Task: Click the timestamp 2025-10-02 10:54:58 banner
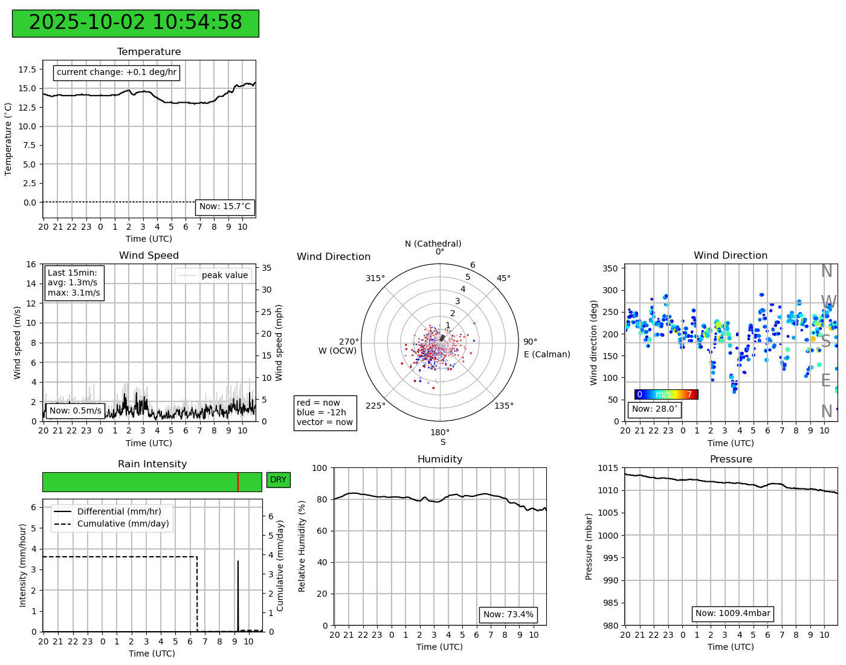click(x=135, y=23)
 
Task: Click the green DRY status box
click(x=278, y=480)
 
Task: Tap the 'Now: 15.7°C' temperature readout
click(x=225, y=207)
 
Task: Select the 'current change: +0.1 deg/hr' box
click(x=117, y=73)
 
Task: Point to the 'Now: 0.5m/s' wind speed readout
click(x=76, y=411)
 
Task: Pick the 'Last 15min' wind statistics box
click(x=74, y=283)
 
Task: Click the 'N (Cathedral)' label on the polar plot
click(x=433, y=244)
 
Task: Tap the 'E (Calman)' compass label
click(x=547, y=354)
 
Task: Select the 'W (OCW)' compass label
click(x=338, y=351)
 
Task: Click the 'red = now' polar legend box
click(x=325, y=413)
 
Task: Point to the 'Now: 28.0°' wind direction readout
click(x=655, y=409)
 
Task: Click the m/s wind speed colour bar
click(x=666, y=395)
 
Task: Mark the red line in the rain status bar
click(x=238, y=482)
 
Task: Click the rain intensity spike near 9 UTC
click(x=238, y=592)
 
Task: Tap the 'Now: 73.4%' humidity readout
click(x=508, y=615)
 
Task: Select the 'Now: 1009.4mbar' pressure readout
click(x=732, y=614)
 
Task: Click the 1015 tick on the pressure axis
click(x=609, y=468)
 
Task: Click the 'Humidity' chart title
click(x=440, y=459)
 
